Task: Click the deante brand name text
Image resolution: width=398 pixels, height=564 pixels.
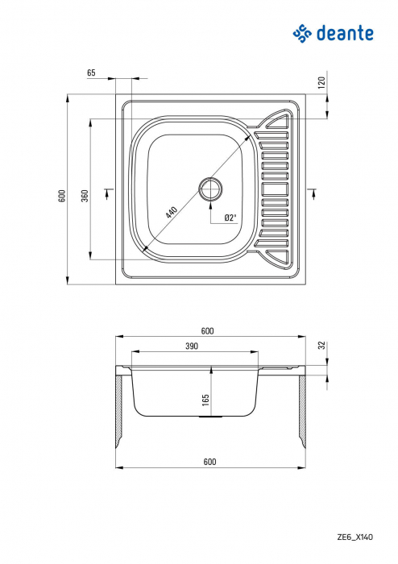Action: (346, 33)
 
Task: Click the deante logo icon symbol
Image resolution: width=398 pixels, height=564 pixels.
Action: (301, 33)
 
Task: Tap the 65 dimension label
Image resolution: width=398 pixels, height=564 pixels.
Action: (91, 73)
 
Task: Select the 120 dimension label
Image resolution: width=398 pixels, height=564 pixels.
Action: (321, 81)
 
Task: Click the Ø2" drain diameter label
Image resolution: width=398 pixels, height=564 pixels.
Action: (229, 218)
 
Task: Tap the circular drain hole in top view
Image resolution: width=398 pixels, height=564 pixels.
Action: (212, 189)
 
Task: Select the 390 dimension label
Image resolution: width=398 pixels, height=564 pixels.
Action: (191, 345)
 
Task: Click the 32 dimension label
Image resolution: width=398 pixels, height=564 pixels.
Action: (321, 345)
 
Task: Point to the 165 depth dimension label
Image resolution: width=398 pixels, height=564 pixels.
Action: (205, 398)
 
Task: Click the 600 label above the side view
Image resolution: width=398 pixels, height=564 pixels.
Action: (207, 331)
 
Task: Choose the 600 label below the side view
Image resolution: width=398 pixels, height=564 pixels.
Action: (209, 461)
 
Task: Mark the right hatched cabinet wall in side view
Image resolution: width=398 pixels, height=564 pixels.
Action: (305, 411)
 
